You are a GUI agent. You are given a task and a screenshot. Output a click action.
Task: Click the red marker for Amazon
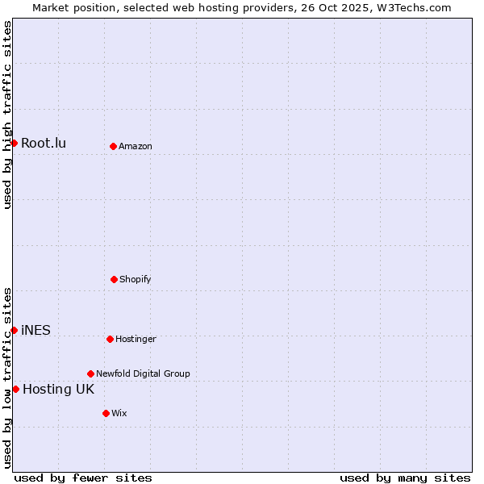click(113, 146)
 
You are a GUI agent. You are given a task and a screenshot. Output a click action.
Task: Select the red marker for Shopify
click(114, 279)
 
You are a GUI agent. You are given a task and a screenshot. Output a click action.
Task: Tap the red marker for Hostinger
click(110, 339)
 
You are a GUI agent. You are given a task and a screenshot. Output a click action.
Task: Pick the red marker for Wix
click(106, 413)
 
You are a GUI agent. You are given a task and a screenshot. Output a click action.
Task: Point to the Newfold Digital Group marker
click(90, 373)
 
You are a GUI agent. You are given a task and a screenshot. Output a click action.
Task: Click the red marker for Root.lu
click(14, 143)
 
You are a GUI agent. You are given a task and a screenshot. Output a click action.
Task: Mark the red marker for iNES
click(14, 330)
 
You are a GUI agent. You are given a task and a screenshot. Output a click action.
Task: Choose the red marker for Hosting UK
click(15, 389)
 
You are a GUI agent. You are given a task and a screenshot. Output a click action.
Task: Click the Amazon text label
click(136, 146)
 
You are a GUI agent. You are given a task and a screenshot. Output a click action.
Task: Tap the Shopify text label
click(136, 279)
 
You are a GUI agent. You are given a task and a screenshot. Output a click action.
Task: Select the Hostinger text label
click(136, 339)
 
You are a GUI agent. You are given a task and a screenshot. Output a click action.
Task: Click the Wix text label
click(119, 413)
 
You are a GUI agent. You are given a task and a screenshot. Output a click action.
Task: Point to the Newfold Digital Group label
click(143, 373)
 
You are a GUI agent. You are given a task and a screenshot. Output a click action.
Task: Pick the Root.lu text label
click(44, 144)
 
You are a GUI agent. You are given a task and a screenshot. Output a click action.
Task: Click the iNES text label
click(35, 331)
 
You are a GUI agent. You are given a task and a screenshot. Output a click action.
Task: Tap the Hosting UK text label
click(58, 390)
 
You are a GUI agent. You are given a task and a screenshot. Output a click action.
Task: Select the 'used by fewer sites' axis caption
click(83, 478)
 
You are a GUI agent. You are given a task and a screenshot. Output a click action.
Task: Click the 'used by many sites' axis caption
click(405, 478)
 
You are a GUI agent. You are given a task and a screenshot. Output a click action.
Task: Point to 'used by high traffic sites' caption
click(7, 115)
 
